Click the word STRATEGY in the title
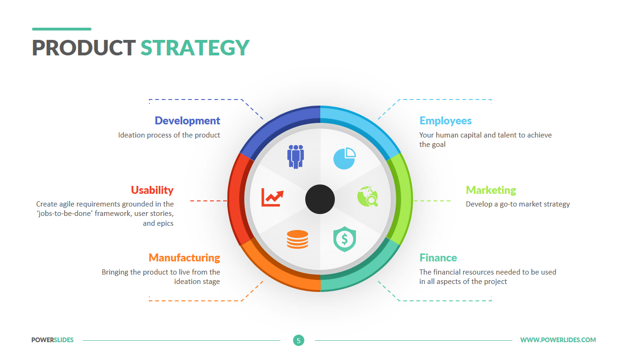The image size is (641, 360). point(195,48)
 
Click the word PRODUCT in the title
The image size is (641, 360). point(84,48)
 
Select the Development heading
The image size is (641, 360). point(187,121)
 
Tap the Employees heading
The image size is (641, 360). point(446,121)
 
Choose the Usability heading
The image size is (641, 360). point(152,190)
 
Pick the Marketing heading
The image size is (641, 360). point(491,190)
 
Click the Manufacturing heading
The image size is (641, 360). point(184,258)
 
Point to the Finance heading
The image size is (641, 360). point(438,258)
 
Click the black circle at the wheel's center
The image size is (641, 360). point(320,199)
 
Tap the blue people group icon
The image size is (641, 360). point(295,157)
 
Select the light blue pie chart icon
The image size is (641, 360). point(345,159)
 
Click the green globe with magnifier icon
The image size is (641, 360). point(368,197)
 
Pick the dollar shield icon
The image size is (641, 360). point(345,239)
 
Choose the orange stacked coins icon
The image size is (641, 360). point(298,239)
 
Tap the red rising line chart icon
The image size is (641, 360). point(272,197)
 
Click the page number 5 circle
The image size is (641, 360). point(299,340)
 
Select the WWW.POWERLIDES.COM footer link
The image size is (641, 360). point(558,340)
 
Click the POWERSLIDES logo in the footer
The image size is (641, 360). point(53,340)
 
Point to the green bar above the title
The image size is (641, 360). point(62,29)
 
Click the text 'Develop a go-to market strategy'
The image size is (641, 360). point(517,204)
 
